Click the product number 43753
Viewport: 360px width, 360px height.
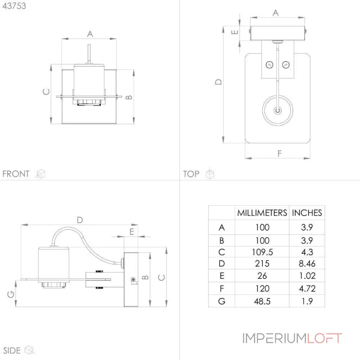pyautogui.click(x=14, y=6)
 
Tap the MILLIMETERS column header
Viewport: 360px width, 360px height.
pyautogui.click(x=262, y=213)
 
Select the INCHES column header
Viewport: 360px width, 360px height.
pyautogui.click(x=307, y=213)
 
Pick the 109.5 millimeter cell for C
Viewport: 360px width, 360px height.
pyautogui.click(x=262, y=252)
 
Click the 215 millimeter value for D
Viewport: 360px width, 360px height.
pyautogui.click(x=262, y=264)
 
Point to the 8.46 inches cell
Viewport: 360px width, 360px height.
pyautogui.click(x=307, y=264)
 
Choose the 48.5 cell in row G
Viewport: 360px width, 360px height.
pyautogui.click(x=262, y=301)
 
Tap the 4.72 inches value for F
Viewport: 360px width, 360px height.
pyautogui.click(x=307, y=288)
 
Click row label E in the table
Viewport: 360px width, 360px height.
pyautogui.click(x=222, y=276)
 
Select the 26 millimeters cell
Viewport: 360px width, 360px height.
pyautogui.click(x=262, y=276)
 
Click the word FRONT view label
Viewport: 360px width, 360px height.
pyautogui.click(x=16, y=174)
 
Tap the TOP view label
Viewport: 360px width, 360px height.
pyautogui.click(x=191, y=174)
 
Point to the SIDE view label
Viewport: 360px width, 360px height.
pyautogui.click(x=12, y=351)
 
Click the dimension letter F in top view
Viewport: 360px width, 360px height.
pyautogui.click(x=279, y=153)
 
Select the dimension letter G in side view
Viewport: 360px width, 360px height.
pyautogui.click(x=11, y=294)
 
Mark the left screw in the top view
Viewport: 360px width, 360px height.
pyautogui.click(x=269, y=65)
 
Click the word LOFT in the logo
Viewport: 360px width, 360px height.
pyautogui.click(x=324, y=338)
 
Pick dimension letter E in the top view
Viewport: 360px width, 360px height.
pyautogui.click(x=234, y=32)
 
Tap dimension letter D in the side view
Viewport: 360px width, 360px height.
pyautogui.click(x=80, y=220)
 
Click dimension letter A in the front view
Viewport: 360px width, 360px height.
pyautogui.click(x=90, y=34)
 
